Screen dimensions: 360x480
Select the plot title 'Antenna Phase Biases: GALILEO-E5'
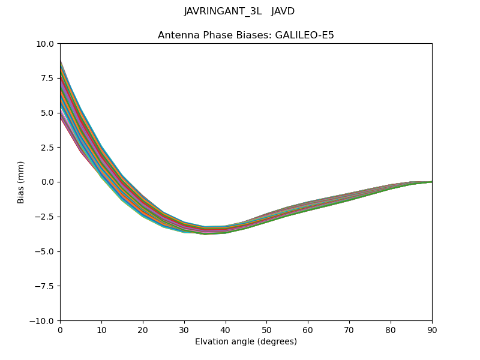[246, 35]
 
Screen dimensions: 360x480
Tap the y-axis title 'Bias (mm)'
[21, 182]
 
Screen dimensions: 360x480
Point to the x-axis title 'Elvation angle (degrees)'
[246, 342]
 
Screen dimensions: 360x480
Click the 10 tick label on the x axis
[101, 330]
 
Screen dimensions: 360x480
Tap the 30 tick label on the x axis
[184, 330]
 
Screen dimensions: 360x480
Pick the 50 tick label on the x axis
[266, 330]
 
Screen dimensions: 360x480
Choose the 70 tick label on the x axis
[349, 330]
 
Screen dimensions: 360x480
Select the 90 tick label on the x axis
[432, 330]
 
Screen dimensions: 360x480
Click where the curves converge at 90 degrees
[431, 182]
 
